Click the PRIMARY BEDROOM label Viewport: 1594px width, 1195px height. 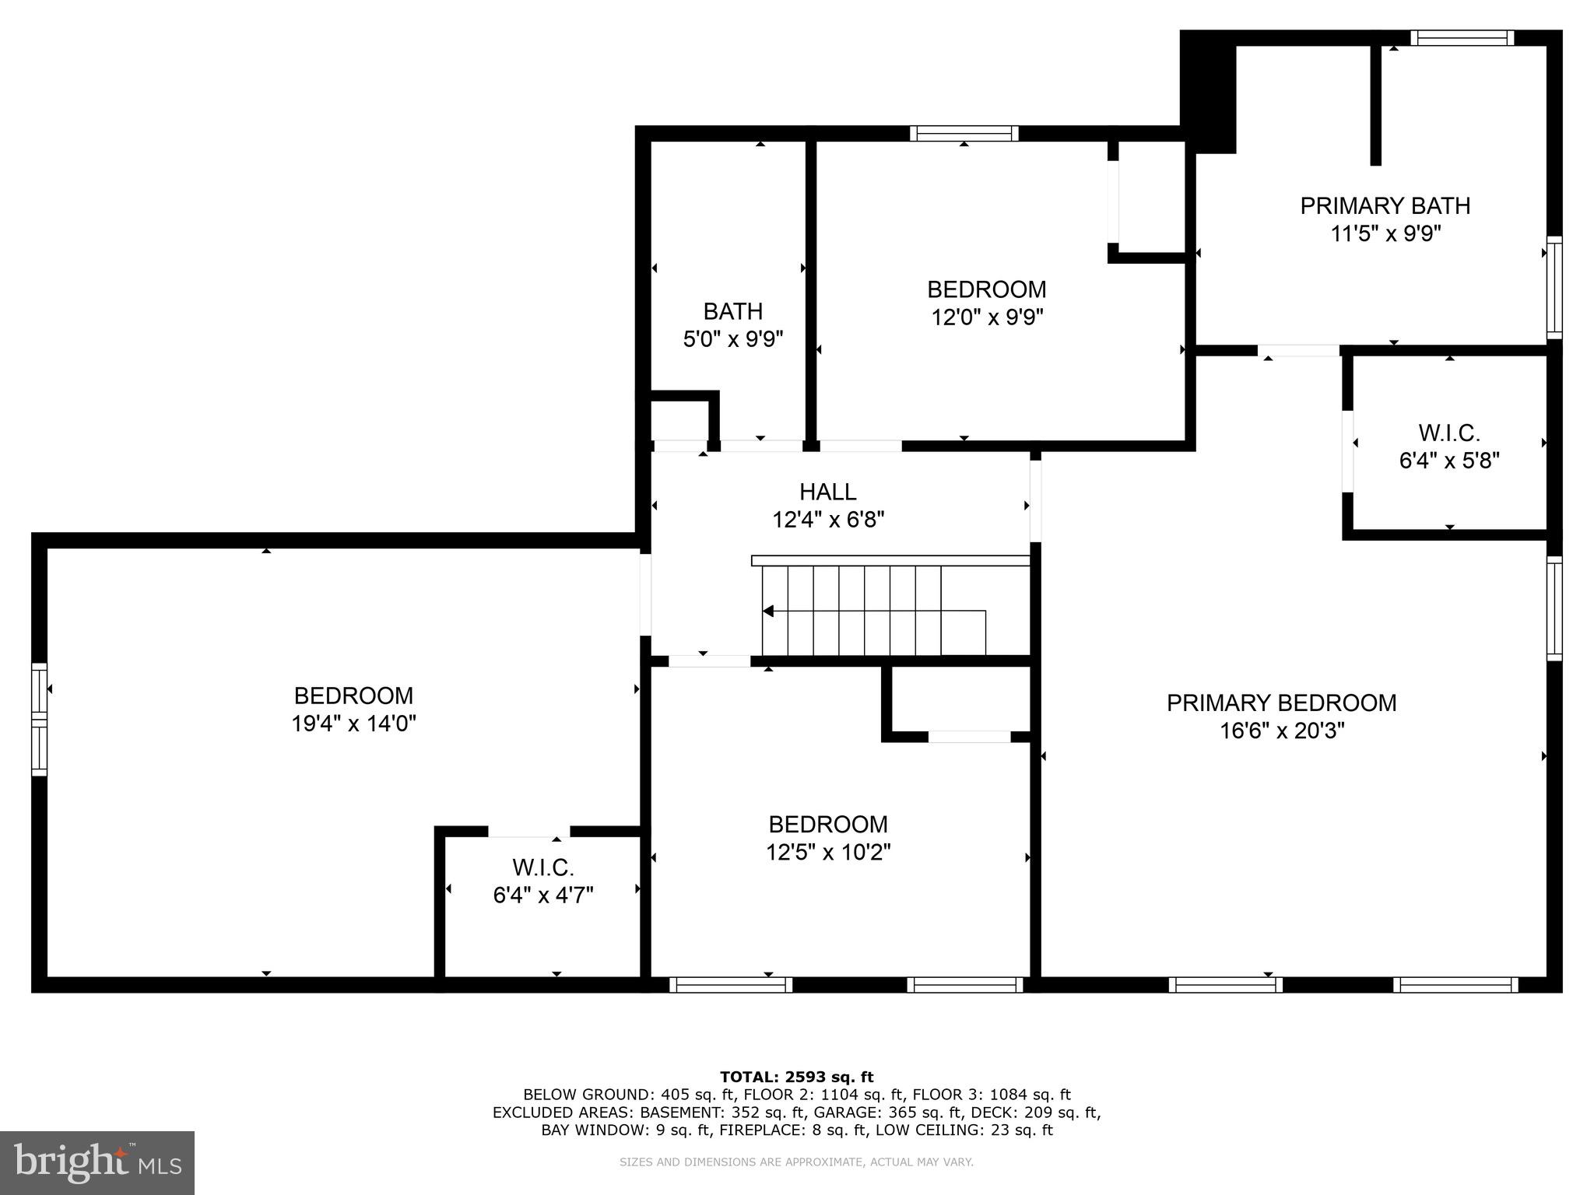1281,703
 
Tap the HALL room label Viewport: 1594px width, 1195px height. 827,492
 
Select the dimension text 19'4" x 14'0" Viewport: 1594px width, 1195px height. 353,724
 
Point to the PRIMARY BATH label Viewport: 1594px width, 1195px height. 1385,206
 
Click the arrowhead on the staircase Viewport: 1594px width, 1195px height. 768,611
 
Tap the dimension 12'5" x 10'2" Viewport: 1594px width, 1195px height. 827,853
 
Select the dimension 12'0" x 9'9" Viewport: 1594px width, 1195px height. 986,317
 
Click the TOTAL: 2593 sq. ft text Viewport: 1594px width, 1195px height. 796,1077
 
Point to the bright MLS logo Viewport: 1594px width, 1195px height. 97,1163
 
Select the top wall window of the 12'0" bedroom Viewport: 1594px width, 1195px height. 964,133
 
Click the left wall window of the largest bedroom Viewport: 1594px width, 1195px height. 39,719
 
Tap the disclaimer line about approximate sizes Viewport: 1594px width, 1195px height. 796,1162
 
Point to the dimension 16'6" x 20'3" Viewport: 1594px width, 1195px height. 1281,731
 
